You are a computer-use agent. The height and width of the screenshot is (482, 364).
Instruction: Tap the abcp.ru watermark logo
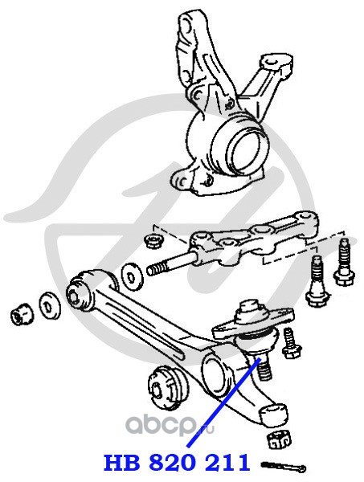[x=170, y=425]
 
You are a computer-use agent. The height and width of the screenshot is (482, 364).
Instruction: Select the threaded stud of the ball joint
[x=264, y=369]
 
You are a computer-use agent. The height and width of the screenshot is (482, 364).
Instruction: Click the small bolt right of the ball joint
[x=291, y=344]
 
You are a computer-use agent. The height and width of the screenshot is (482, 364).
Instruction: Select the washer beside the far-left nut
[x=49, y=308]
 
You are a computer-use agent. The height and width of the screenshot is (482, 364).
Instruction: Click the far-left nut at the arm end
[x=22, y=314]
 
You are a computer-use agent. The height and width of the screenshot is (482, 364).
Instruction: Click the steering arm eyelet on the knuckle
[x=272, y=62]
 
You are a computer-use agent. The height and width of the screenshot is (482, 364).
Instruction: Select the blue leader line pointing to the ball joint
[x=223, y=402]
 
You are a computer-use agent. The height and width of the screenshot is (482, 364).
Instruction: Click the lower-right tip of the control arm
[x=275, y=414]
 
